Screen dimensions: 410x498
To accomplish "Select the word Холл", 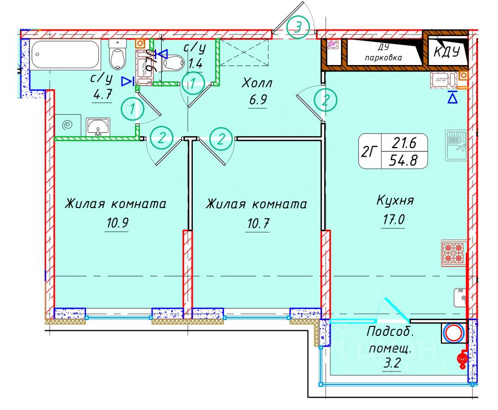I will (x=257, y=84).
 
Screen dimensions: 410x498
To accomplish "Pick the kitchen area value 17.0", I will (x=393, y=219).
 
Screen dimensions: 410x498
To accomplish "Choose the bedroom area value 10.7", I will (x=257, y=223).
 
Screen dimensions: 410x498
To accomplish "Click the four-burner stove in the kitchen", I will (x=453, y=253).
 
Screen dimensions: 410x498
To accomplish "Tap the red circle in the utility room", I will (x=453, y=333).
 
